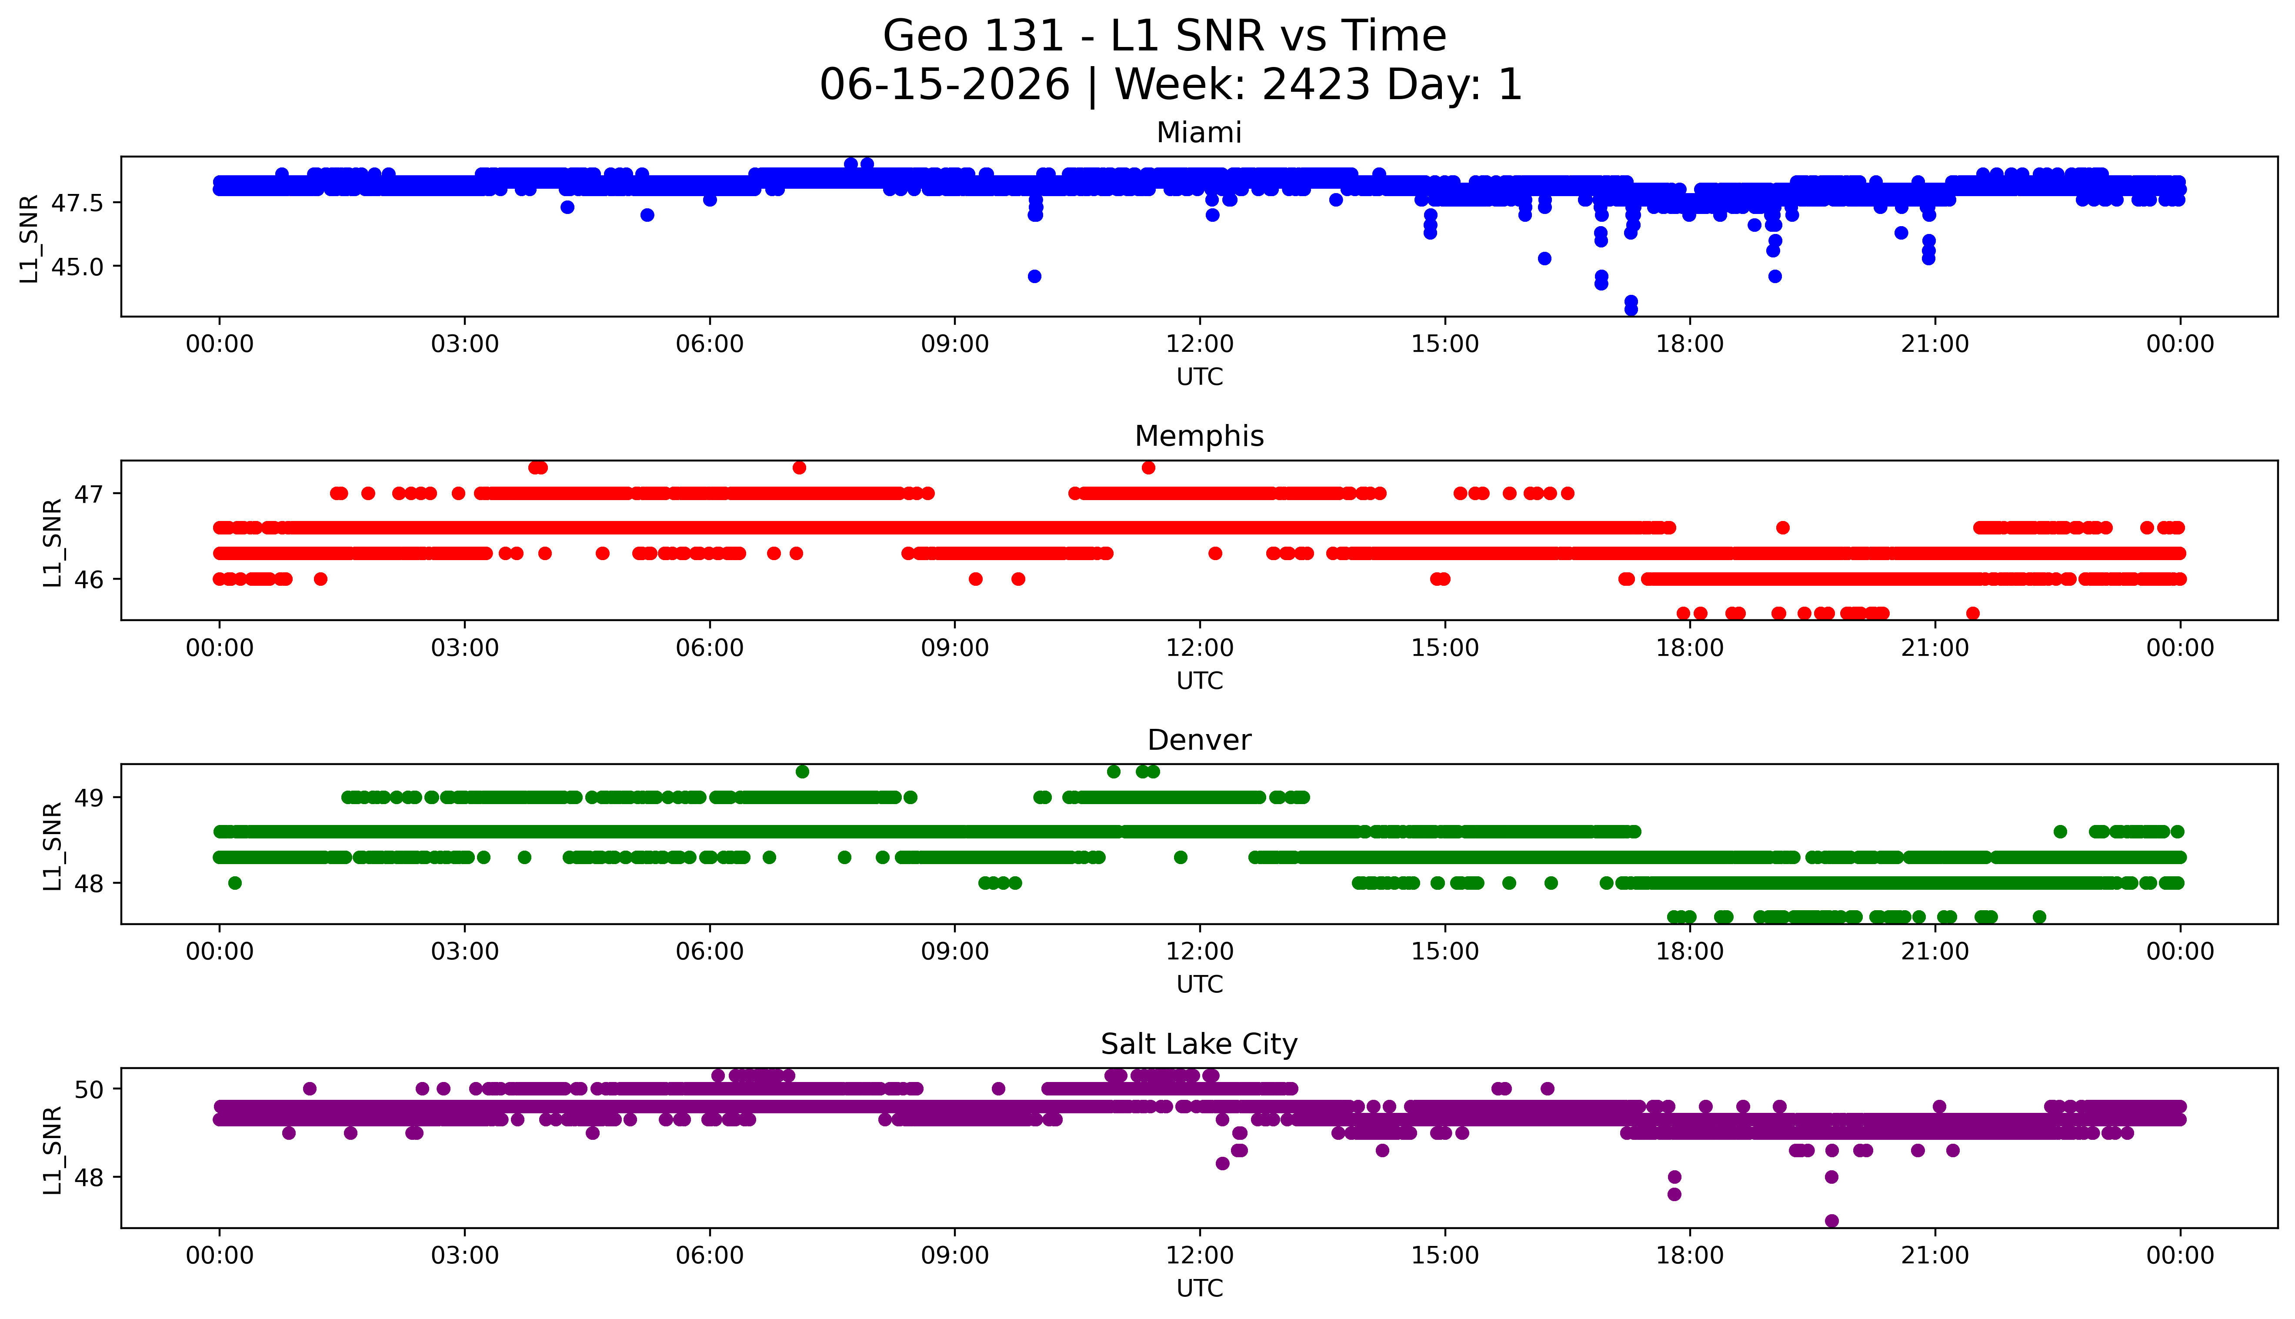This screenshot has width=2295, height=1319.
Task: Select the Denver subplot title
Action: [1199, 740]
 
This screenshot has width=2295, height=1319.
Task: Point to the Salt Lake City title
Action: [1199, 1045]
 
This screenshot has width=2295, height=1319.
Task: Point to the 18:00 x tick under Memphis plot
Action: [1690, 648]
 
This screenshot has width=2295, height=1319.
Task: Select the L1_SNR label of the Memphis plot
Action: [53, 542]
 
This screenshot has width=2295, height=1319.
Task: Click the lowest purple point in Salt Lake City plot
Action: [1831, 1220]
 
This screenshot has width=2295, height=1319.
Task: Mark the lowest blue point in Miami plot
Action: [1631, 309]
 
